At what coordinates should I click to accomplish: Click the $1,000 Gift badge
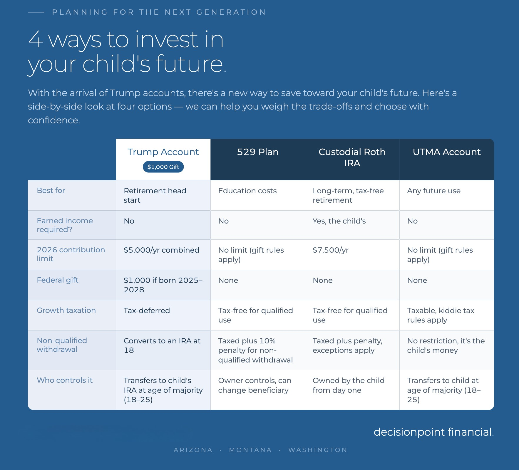pos(163,167)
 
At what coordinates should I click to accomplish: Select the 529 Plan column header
pos(258,152)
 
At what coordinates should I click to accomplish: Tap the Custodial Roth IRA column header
pos(352,157)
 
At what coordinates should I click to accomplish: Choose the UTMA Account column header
pos(447,152)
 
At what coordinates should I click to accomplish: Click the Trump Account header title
pos(163,152)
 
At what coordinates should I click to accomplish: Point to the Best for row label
pos(51,190)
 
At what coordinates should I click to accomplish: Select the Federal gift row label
pos(58,280)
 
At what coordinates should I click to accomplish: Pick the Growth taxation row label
pos(66,310)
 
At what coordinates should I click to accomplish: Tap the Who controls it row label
pos(65,380)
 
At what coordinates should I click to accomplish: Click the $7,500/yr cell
pos(331,250)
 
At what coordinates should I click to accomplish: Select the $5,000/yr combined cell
pos(161,250)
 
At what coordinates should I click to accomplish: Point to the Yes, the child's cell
pos(339,221)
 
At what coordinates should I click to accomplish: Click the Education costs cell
pos(247,191)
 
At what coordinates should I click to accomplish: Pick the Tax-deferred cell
pos(147,310)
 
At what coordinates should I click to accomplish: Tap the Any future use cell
pos(434,191)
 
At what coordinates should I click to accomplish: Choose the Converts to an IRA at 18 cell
pos(162,345)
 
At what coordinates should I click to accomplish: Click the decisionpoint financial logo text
pos(433,432)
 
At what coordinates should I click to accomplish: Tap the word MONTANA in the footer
pos(250,450)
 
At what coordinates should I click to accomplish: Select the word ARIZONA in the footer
pos(193,450)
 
